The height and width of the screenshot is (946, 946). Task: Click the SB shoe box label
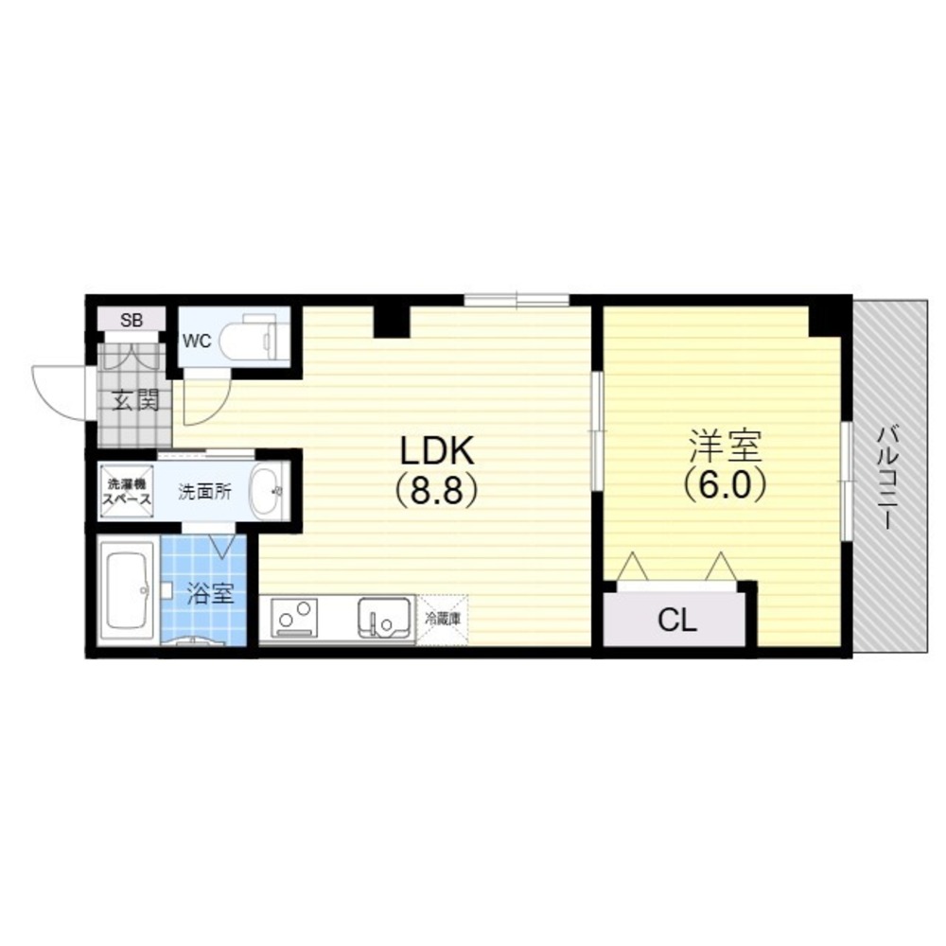coord(131,321)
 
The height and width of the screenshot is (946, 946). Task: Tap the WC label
coord(198,341)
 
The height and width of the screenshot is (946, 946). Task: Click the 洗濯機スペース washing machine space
coord(126,491)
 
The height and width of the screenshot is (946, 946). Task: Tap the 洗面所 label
coord(204,492)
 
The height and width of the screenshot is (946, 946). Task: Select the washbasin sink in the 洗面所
coord(269,491)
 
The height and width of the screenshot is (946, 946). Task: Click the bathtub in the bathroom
coord(128,592)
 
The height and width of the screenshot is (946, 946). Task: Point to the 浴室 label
coord(210,594)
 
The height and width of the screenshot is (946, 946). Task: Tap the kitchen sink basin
coord(384,618)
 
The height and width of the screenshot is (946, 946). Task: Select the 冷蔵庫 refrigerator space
coord(442,620)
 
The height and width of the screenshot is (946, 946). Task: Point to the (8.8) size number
coord(438,489)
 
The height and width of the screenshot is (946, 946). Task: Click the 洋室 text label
coord(725,446)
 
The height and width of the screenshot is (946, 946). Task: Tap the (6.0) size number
coord(725,483)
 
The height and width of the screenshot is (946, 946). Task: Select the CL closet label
coord(677,620)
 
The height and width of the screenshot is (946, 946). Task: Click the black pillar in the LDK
coord(393,322)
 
